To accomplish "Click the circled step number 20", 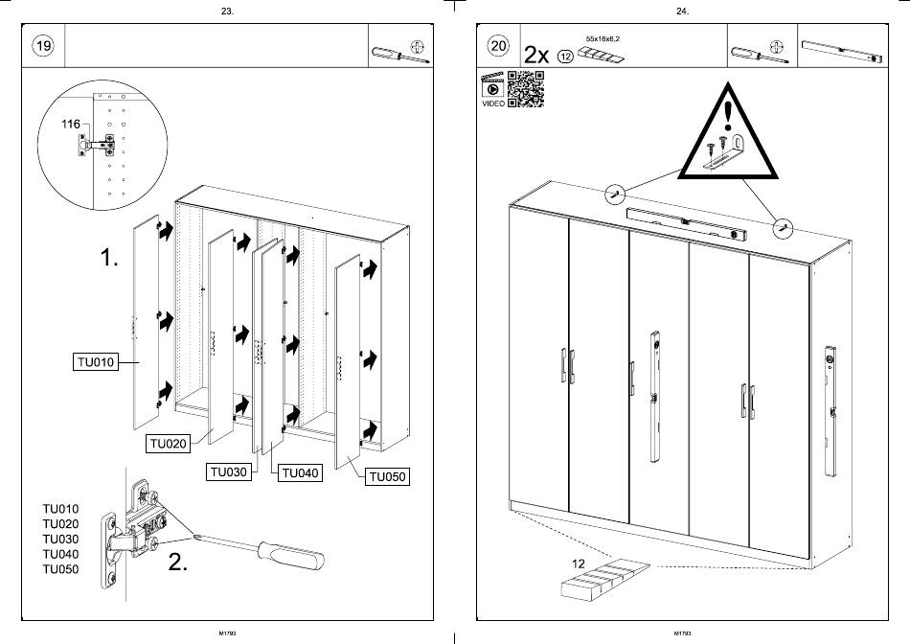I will tap(498, 46).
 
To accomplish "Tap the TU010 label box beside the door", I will tap(95, 362).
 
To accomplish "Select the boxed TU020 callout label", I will tap(168, 444).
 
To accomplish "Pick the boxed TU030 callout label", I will tap(230, 472).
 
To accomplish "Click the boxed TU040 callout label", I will tap(300, 472).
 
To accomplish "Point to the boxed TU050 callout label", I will tap(387, 476).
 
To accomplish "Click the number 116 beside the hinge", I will tap(70, 125).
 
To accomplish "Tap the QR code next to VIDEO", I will tap(525, 89).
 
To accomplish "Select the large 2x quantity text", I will tap(536, 56).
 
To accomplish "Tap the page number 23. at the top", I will tap(226, 11).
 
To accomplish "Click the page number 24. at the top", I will tap(682, 11).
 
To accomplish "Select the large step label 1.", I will tap(110, 257).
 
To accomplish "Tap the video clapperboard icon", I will tap(492, 85).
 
